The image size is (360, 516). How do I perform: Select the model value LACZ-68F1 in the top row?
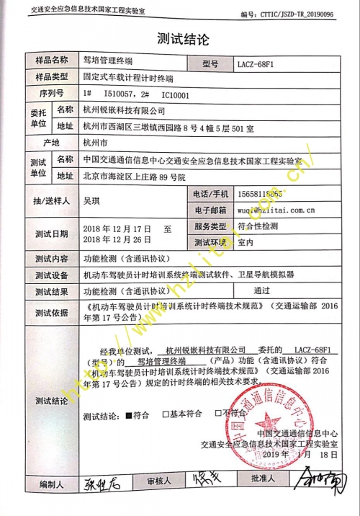click(255, 64)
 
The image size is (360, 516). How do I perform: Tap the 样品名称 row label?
click(48, 61)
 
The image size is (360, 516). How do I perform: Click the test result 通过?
click(264, 291)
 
